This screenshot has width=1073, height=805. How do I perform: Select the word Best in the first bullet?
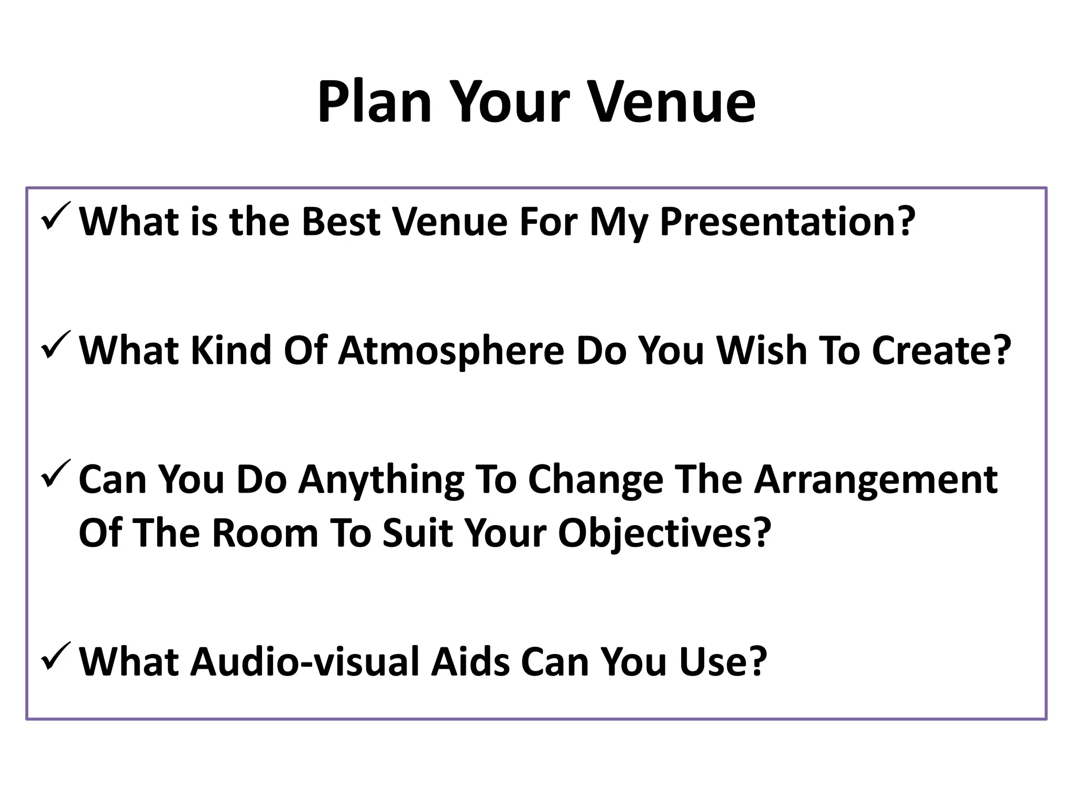341,221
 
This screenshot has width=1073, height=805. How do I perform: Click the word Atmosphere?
451,351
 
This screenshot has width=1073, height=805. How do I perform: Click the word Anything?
381,480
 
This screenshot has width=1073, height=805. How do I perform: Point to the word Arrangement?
875,480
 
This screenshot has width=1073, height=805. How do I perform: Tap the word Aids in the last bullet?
470,662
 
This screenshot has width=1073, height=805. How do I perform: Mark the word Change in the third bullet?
595,480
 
